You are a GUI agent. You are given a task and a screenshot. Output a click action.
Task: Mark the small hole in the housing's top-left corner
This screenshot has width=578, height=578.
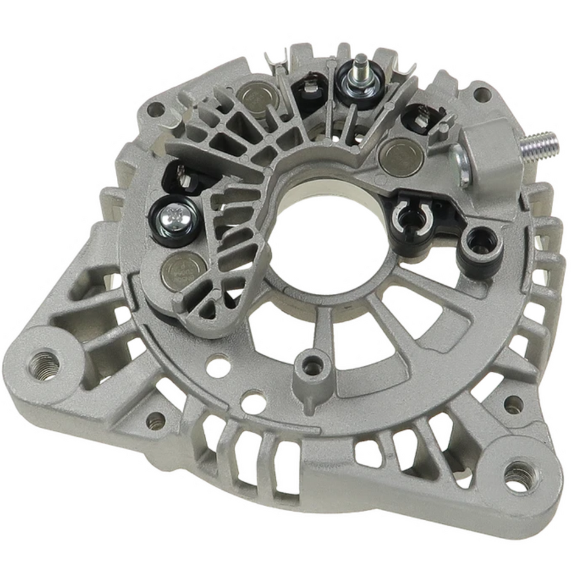pyautogui.click(x=156, y=110)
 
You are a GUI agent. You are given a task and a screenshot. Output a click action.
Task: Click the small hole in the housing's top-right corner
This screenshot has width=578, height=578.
pyautogui.click(x=482, y=94)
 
